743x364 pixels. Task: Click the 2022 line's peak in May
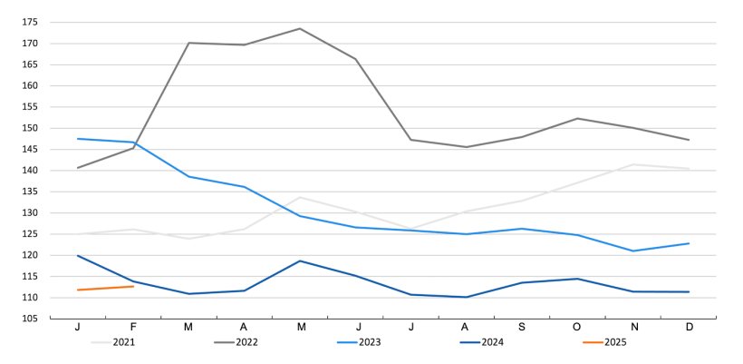pyautogui.click(x=300, y=28)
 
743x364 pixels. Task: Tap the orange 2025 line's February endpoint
pyautogui.click(x=133, y=286)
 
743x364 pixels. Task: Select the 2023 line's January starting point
pyautogui.click(x=78, y=139)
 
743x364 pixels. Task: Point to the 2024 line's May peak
pyautogui.click(x=300, y=261)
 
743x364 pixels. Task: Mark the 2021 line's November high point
pyautogui.click(x=634, y=164)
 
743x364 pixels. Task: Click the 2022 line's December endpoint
pyautogui.click(x=690, y=140)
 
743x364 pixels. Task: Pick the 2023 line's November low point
pyautogui.click(x=634, y=251)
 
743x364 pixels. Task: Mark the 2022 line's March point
pyautogui.click(x=188, y=43)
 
